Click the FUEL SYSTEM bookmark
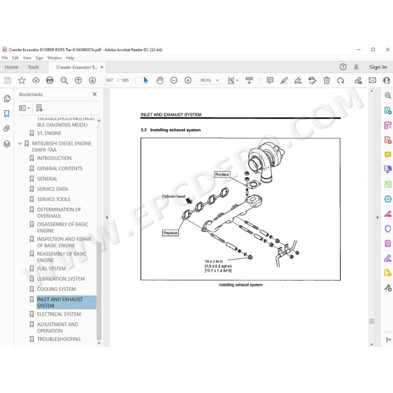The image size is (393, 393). [52, 268]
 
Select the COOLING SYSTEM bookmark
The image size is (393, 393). [56, 289]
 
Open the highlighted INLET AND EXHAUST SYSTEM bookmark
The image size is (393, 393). [60, 302]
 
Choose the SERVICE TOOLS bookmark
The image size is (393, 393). [54, 199]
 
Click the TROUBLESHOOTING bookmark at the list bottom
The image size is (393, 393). [58, 339]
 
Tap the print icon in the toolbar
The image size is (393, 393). [50, 80]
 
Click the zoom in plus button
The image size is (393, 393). [188, 80]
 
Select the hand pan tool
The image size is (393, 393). [159, 80]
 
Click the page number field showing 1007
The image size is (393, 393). [109, 80]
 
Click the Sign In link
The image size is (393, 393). [378, 67]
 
